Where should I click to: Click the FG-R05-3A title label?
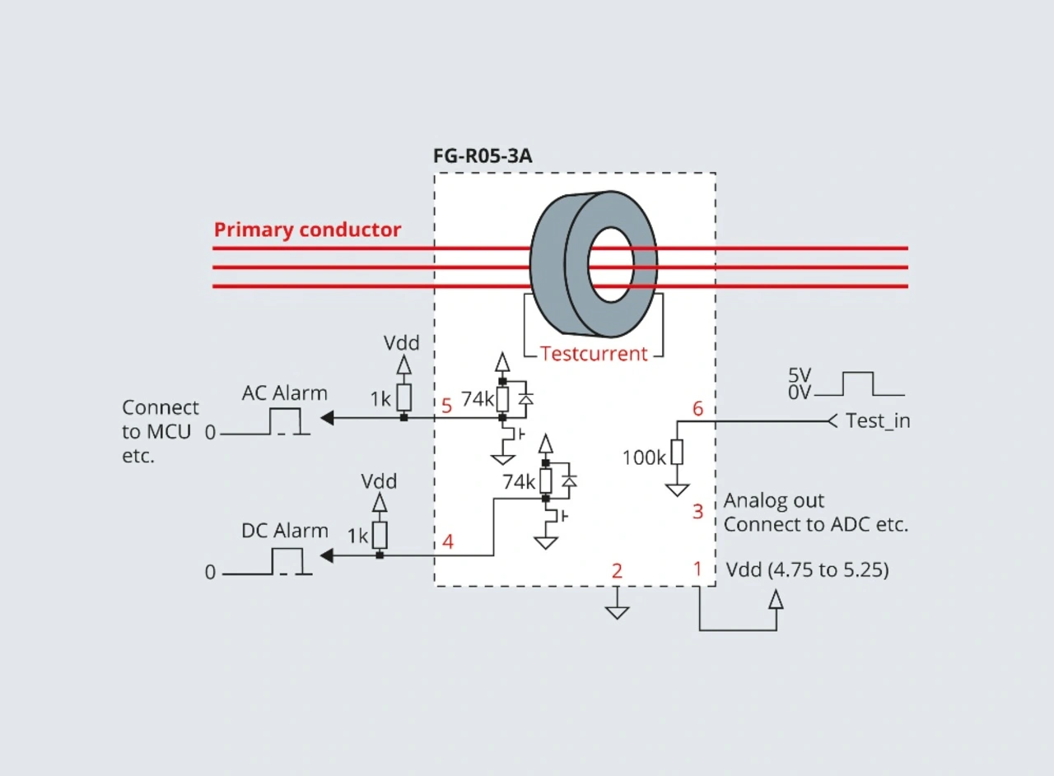[x=483, y=156]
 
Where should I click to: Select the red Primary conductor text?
[x=307, y=230]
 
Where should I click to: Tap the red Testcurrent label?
[x=594, y=354]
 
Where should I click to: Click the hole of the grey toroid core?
[x=611, y=265]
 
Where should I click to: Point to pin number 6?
[x=697, y=408]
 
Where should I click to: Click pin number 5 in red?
[x=446, y=406]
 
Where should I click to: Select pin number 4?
[x=447, y=541]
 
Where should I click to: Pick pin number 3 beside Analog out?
[x=697, y=511]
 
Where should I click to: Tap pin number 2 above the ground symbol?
[x=617, y=571]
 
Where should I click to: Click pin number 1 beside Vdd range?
[x=697, y=569]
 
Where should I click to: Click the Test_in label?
[x=878, y=421]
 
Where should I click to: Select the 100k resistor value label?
[x=644, y=458]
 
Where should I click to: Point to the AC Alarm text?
[x=285, y=393]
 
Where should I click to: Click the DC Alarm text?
[x=285, y=531]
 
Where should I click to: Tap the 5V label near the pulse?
[x=800, y=375]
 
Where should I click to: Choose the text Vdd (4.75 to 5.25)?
[x=808, y=569]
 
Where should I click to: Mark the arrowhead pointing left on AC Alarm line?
[x=327, y=418]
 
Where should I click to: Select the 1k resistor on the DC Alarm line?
[x=380, y=535]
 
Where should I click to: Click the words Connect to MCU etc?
[x=161, y=431]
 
